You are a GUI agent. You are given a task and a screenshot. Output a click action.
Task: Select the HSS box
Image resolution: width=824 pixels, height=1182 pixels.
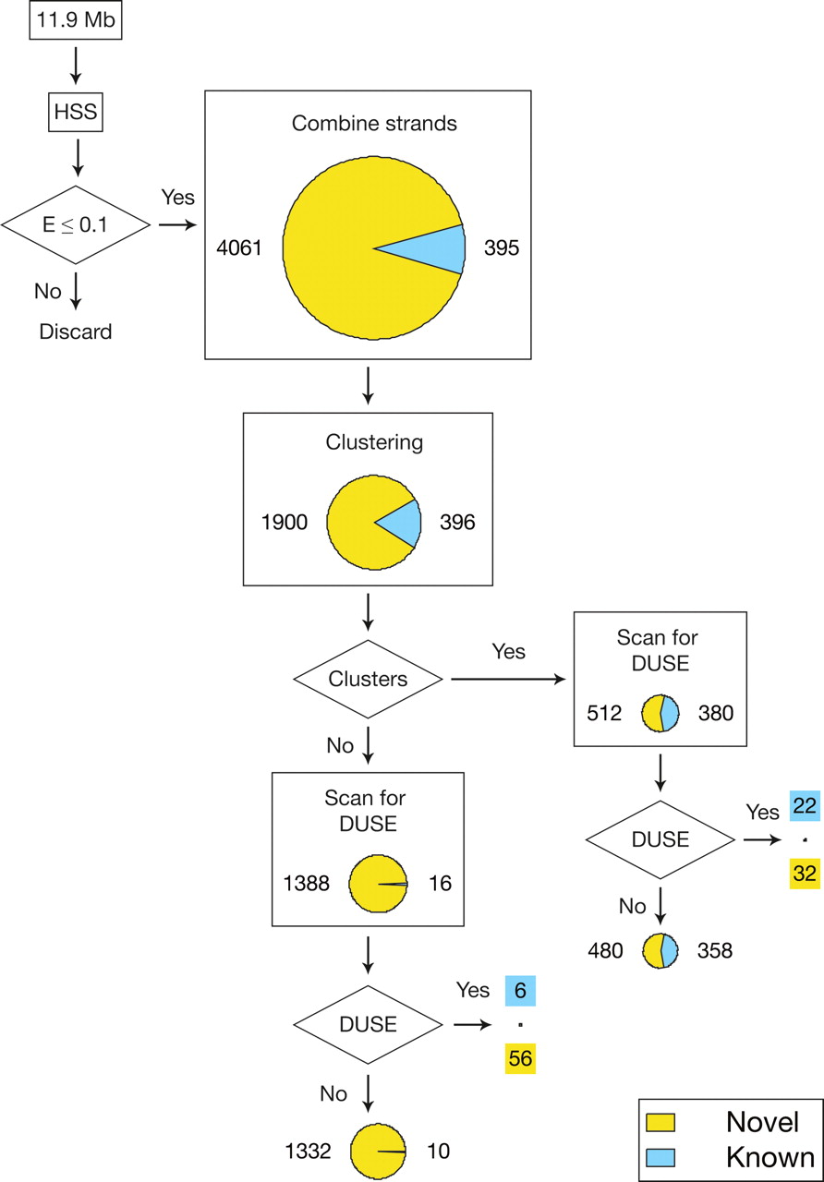(x=77, y=116)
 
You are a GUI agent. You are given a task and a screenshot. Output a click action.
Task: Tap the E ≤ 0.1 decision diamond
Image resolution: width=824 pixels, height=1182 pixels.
(x=77, y=224)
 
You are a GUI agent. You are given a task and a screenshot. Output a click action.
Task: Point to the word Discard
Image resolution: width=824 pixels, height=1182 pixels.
(x=76, y=332)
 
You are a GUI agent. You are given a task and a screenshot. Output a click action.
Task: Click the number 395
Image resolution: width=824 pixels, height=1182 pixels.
(x=502, y=248)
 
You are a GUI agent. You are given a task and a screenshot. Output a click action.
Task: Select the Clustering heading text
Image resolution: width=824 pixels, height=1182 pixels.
(x=374, y=442)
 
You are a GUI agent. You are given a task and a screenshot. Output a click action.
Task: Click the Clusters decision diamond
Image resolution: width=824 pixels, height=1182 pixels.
(x=368, y=680)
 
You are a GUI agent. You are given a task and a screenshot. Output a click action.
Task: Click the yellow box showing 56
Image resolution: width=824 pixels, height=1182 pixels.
(x=520, y=1058)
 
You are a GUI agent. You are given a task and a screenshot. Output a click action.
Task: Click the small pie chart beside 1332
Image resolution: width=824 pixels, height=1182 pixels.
(x=379, y=1152)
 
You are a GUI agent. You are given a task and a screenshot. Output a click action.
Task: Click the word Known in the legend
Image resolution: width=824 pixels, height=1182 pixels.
(x=769, y=1158)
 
